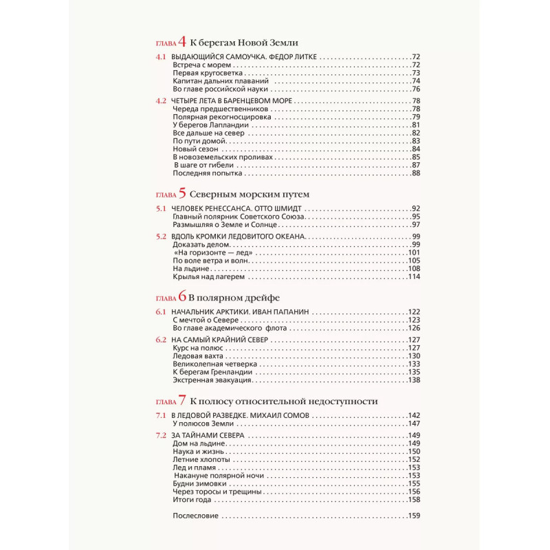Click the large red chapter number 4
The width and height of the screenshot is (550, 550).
click(x=182, y=41)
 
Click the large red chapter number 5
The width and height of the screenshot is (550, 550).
click(x=182, y=193)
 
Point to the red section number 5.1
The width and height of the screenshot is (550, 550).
click(x=161, y=208)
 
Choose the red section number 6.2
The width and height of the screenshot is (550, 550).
click(x=161, y=340)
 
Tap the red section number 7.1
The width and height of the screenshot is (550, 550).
click(x=161, y=415)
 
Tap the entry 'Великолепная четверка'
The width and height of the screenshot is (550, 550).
click(x=211, y=364)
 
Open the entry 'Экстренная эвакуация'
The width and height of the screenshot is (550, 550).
click(x=212, y=379)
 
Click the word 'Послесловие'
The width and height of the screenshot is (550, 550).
click(x=196, y=516)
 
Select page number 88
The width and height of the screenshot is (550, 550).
click(x=415, y=173)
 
